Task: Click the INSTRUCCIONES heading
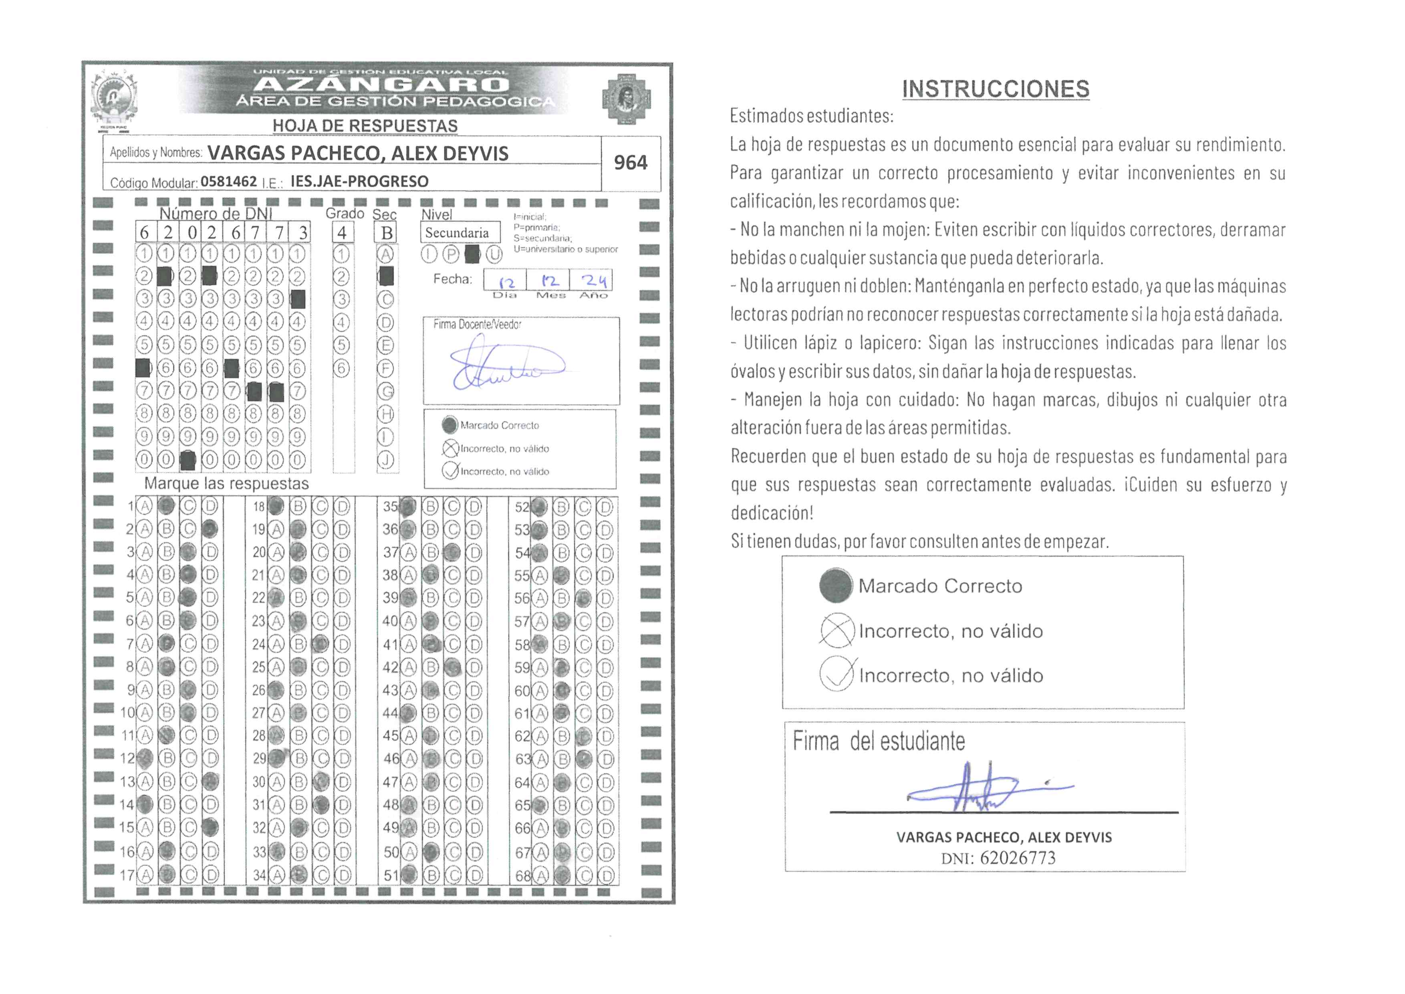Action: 995,89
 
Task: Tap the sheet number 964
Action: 630,163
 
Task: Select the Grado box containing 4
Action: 342,232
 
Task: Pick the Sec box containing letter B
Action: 386,232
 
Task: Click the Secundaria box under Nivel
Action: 457,232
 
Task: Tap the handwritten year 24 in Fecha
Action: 594,281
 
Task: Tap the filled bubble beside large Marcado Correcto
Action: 835,585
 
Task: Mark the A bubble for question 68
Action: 540,875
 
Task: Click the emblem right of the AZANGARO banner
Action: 626,98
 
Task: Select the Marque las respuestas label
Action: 226,483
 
